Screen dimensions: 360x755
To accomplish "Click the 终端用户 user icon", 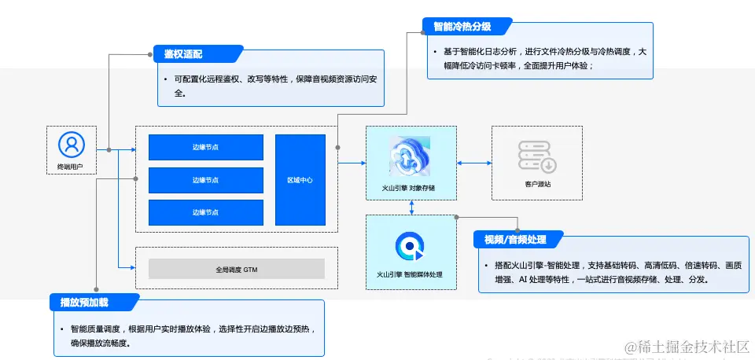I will tap(71, 144).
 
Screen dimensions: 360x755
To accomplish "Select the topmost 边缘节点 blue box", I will tap(205, 147).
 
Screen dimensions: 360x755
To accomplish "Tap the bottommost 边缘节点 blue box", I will tap(205, 212).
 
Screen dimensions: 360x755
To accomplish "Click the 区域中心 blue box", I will tap(300, 180).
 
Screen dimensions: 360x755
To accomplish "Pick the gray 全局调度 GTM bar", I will tap(236, 269).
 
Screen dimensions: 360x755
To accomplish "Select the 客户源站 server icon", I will tap(537, 156).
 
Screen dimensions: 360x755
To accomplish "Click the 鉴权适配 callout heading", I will tap(184, 54).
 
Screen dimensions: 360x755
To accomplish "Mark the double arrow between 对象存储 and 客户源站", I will tap(474, 163).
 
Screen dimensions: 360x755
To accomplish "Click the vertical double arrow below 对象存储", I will tap(411, 207).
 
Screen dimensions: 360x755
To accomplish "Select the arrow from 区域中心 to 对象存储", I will tap(352, 163).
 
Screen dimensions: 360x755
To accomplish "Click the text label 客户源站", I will tap(537, 184).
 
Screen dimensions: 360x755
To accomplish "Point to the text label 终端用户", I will tap(71, 167).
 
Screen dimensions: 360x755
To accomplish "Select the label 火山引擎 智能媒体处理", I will tap(410, 274).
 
